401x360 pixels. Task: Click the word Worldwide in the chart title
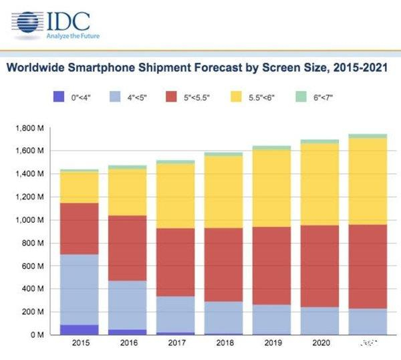coord(37,68)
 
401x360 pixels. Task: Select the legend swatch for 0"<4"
coord(63,96)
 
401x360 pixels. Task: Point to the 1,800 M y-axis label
coord(29,128)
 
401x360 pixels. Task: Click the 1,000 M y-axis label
coord(29,219)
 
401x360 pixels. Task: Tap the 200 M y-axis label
coord(33,312)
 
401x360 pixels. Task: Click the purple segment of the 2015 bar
coord(80,329)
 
